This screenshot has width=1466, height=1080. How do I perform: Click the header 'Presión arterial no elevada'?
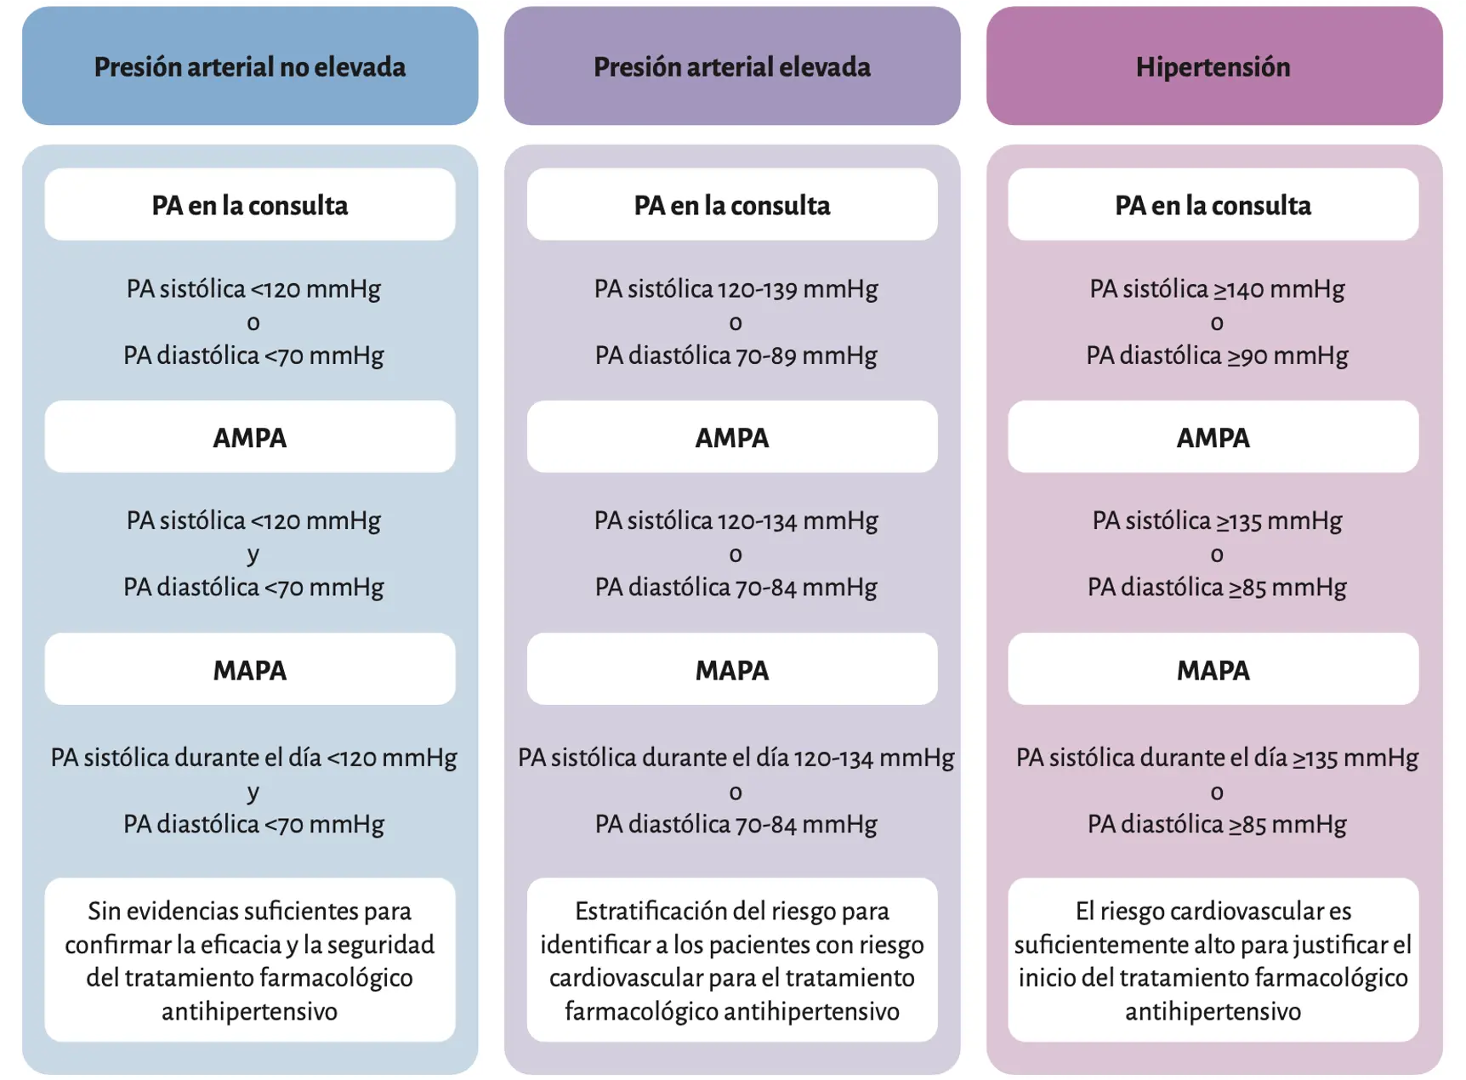250,66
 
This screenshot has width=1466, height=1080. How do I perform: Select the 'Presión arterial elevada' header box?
732,66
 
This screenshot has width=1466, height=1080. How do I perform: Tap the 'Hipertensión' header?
1214,66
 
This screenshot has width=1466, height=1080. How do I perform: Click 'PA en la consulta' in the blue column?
250,205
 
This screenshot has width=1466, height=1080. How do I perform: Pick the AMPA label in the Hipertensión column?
1213,437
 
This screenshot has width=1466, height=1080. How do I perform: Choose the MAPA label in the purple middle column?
732,670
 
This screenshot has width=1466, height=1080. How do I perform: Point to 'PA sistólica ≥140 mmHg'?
1217,289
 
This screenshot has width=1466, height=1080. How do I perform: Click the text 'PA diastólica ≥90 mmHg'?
1217,355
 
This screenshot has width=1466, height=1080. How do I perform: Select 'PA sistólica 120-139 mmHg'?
736,289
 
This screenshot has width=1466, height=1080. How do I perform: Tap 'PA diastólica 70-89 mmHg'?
736,355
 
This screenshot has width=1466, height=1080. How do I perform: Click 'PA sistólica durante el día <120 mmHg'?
253,758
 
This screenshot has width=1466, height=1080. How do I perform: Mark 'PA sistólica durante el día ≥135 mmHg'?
1217,758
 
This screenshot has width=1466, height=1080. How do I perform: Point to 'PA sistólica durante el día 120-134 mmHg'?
736,758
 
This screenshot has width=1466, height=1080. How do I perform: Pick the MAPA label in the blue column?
250,670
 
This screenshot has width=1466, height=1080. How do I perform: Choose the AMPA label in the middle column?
732,437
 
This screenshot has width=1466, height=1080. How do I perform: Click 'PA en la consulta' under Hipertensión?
1213,205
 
